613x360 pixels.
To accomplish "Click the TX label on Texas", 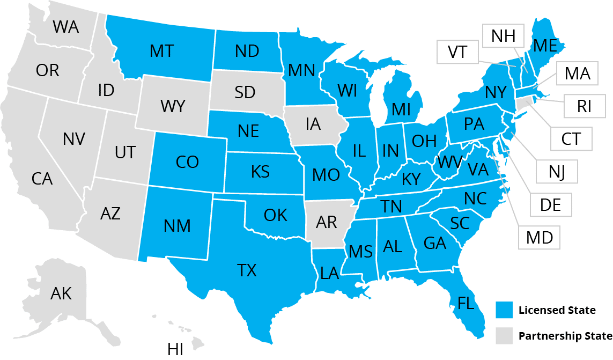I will point(247,270).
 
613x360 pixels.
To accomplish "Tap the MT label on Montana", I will point(161,51).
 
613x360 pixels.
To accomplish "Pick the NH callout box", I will point(503,36).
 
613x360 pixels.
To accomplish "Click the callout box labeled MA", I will point(577,74).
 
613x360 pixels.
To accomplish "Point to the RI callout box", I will point(584,106).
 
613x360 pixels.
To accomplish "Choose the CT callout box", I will point(571,138).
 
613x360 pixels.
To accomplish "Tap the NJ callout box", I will point(557,172).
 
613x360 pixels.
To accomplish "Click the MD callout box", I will point(540,237).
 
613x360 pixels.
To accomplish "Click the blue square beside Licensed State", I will point(504,310).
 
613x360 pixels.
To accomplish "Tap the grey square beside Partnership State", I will point(504,336).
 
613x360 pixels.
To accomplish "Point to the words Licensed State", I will point(557,310).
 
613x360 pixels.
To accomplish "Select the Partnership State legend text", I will point(565,336).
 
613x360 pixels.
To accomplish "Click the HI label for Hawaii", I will point(175,349).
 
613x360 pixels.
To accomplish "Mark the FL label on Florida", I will point(466,304).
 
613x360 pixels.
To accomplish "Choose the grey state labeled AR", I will point(327,222).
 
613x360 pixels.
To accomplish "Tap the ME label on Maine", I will point(545,46).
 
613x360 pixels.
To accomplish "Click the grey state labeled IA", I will point(313,124).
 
